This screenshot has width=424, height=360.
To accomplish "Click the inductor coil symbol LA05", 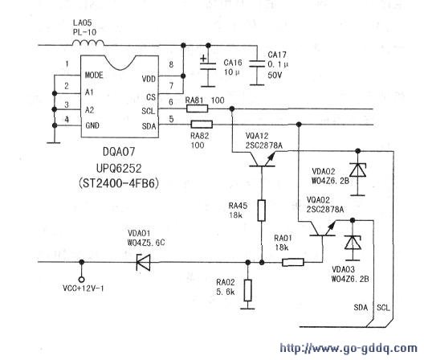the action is coord(88,43).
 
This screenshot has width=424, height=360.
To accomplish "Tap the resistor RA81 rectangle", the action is coord(197,108).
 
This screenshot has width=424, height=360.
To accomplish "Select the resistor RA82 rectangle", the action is coord(202,125).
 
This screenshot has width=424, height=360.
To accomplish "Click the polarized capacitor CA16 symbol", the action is coord(208,66).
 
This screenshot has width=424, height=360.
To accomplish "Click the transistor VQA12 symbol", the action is coord(262,160).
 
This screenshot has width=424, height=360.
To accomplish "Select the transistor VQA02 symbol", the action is coord(322,229).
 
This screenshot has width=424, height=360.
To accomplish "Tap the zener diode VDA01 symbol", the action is coord(143,262).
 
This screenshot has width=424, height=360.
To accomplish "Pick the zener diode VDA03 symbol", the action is coord(353,243).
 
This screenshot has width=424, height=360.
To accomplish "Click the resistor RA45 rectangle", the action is coord(262,211).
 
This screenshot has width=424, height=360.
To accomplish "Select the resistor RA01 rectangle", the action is coord(293,262).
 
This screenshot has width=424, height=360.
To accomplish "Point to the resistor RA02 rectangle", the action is coord(247,290).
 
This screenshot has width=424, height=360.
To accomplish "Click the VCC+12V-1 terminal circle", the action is coord(81,280).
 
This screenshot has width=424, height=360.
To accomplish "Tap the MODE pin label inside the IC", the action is coord(94,75).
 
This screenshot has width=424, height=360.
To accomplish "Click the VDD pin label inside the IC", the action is coord(149,79).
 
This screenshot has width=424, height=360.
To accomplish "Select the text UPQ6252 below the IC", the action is coord(119,169).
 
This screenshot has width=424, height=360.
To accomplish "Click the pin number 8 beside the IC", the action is coord(171,64).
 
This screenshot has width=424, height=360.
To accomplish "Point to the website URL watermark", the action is coord(349,348).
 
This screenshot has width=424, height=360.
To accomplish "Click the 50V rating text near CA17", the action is coord(275,75).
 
